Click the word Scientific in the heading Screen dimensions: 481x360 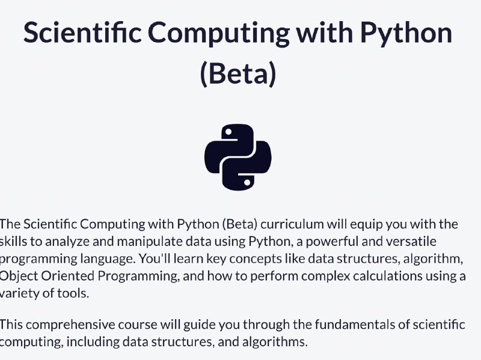[x=82, y=32]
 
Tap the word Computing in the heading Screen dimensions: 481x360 [x=219, y=34]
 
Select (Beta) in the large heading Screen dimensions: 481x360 [x=238, y=74]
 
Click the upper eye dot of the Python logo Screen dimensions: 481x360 [x=228, y=132]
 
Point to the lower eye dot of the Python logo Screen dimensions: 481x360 [x=247, y=183]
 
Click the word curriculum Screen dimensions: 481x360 [x=292, y=224]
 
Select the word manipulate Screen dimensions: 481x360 [x=150, y=242]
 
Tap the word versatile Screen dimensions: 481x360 [x=411, y=242]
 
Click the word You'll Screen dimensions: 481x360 [x=155, y=259]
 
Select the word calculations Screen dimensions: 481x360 [x=388, y=276]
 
